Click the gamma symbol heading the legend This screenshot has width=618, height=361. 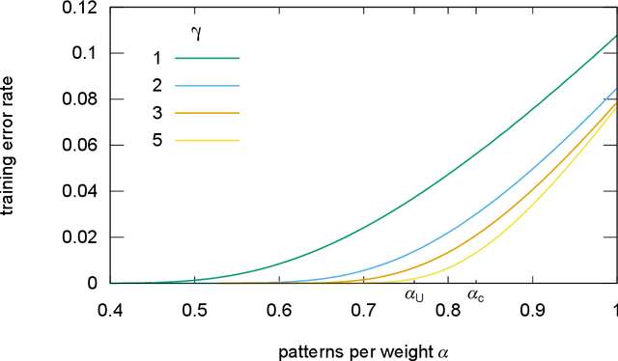click(196, 35)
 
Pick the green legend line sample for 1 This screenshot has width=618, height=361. click(207, 58)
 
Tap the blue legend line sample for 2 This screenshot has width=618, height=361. click(207, 85)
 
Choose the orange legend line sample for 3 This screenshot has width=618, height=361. click(207, 113)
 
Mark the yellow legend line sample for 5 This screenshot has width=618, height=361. click(207, 140)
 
